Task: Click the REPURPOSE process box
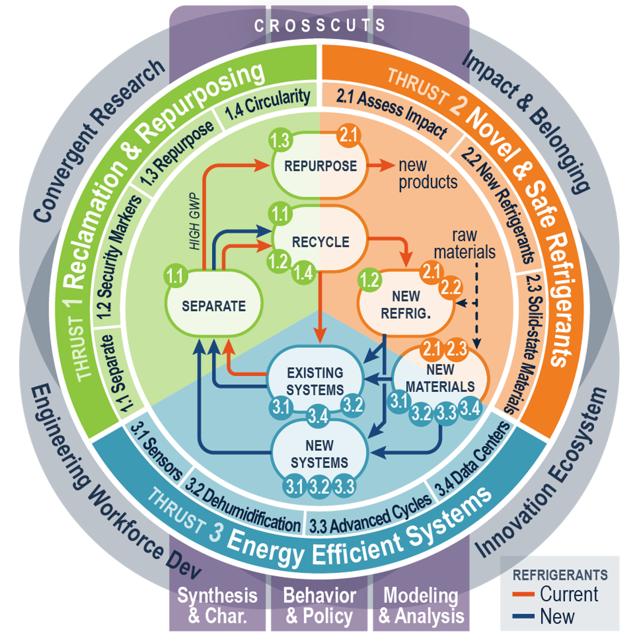point(320,166)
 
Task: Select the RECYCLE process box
point(320,242)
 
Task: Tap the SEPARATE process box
point(214,306)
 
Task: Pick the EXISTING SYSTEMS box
point(315,381)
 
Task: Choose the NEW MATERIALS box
point(440,378)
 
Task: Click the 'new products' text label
point(428,174)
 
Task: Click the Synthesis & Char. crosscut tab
point(217,605)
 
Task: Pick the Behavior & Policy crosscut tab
point(319,605)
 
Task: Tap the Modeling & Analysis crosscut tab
point(421,605)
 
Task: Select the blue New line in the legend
point(523,616)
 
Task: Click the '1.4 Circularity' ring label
point(267,104)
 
